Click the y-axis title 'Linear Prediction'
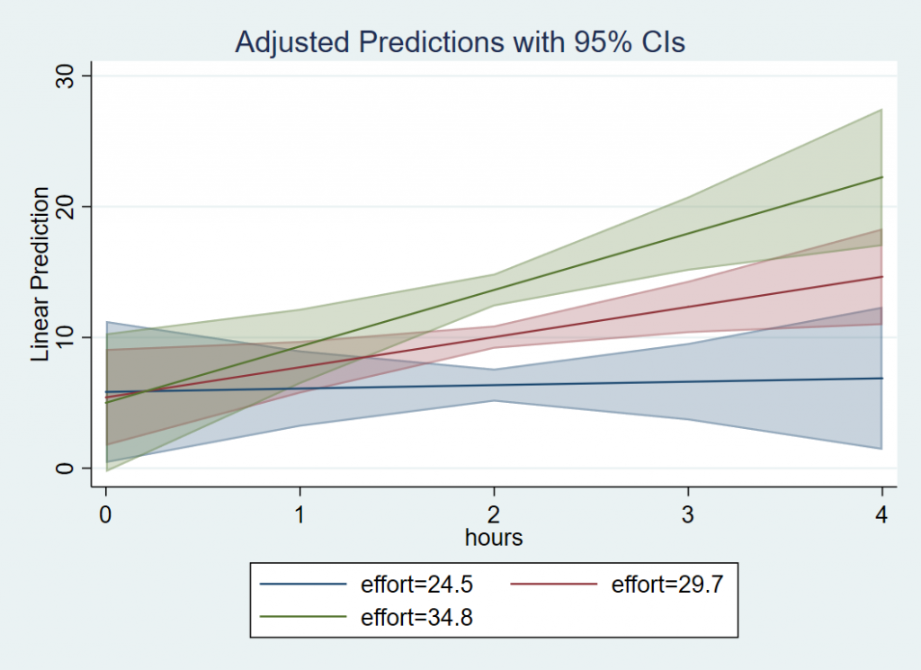pos(40,274)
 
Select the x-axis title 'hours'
pos(494,538)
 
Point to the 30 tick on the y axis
pos(67,76)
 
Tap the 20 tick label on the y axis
pos(67,207)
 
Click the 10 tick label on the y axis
pos(67,337)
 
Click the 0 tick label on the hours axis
pos(106,515)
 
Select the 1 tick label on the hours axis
pos(300,515)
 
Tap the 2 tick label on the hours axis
pos(494,515)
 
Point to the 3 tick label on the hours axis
pos(688,515)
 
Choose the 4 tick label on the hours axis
pos(881,515)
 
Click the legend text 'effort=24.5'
pos(416,585)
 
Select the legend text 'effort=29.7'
pos(667,585)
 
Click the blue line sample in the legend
pos(303,585)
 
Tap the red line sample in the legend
pos(554,585)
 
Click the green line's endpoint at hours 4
pos(881,177)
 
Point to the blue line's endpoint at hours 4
pos(881,378)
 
